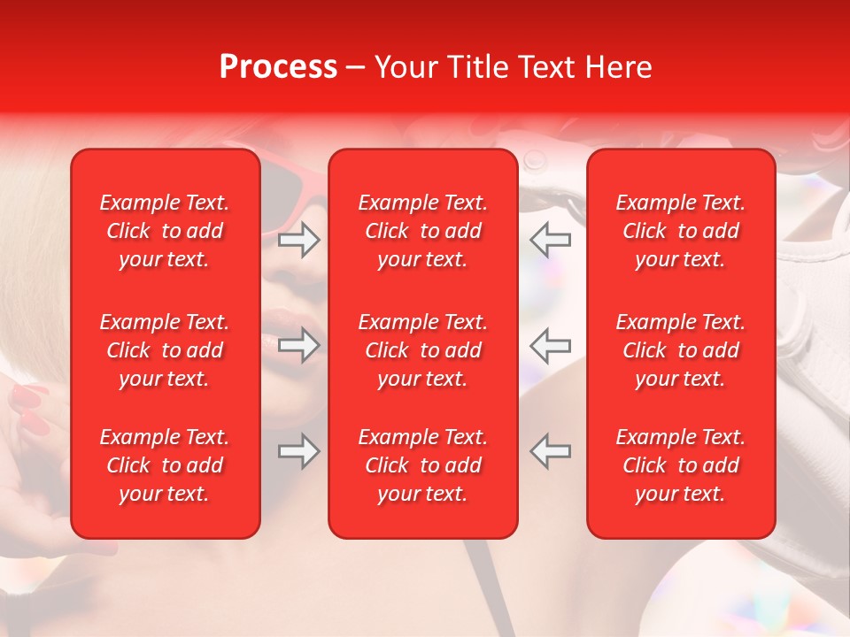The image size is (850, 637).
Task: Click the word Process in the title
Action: [x=278, y=67]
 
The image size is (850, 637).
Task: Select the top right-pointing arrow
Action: [x=298, y=240]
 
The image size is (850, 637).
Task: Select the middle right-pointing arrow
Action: [x=298, y=345]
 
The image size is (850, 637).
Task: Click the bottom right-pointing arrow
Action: [x=298, y=451]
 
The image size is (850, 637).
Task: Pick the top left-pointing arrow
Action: [x=551, y=240]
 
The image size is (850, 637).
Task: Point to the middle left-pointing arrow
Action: [x=551, y=345]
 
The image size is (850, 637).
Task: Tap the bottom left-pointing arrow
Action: [x=551, y=451]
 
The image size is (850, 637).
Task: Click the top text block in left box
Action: [x=165, y=231]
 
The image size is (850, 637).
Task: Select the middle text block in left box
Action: [x=165, y=350]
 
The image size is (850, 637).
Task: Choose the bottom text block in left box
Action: [x=165, y=465]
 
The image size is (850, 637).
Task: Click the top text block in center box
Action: [x=422, y=231]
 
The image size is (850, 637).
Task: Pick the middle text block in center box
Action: [x=422, y=350]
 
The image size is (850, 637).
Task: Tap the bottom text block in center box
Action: [x=422, y=465]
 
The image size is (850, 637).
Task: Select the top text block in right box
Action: [x=680, y=231]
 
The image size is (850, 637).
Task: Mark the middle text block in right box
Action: [x=680, y=350]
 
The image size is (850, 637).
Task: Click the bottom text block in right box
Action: [x=680, y=465]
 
